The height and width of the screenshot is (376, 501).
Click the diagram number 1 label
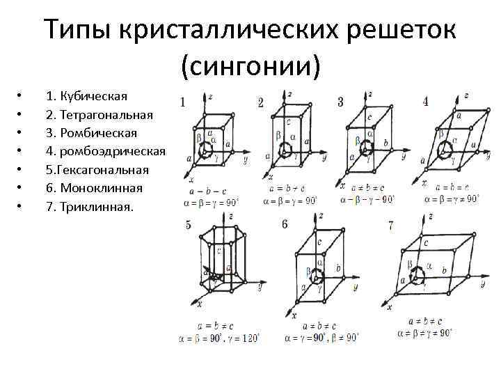click(x=182, y=102)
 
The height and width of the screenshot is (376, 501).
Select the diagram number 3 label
click(x=340, y=102)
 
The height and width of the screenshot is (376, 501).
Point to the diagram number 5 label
click(x=189, y=225)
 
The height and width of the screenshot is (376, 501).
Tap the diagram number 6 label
click(x=285, y=226)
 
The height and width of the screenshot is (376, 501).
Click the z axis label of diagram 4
click(x=466, y=95)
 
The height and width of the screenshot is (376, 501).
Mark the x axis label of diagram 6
click(x=294, y=315)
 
